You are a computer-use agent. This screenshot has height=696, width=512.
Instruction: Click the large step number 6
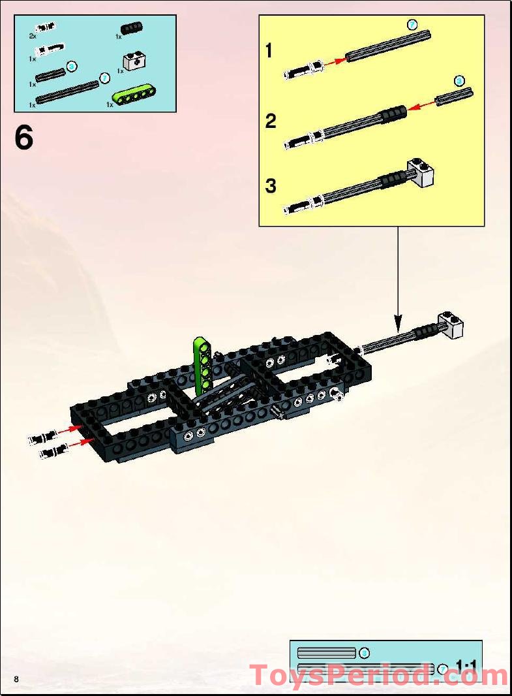tap(24, 138)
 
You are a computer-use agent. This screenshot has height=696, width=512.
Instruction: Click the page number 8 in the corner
tap(16, 679)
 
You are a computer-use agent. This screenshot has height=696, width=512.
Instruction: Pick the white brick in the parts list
tap(135, 62)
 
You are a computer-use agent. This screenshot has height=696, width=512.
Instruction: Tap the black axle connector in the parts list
tap(132, 27)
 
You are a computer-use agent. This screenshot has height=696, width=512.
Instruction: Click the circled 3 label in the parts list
tap(72, 66)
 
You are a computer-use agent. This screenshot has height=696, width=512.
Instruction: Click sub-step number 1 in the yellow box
tap(269, 50)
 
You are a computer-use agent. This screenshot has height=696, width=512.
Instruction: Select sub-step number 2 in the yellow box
tap(270, 121)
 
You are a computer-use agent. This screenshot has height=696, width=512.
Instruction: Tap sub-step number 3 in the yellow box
tap(270, 186)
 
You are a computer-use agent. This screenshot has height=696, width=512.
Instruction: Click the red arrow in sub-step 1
tap(335, 61)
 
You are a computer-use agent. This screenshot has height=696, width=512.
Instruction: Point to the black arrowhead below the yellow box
tap(398, 322)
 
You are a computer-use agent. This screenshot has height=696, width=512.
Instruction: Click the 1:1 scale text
tap(466, 666)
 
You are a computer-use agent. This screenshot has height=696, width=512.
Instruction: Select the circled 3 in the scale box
tap(365, 652)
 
